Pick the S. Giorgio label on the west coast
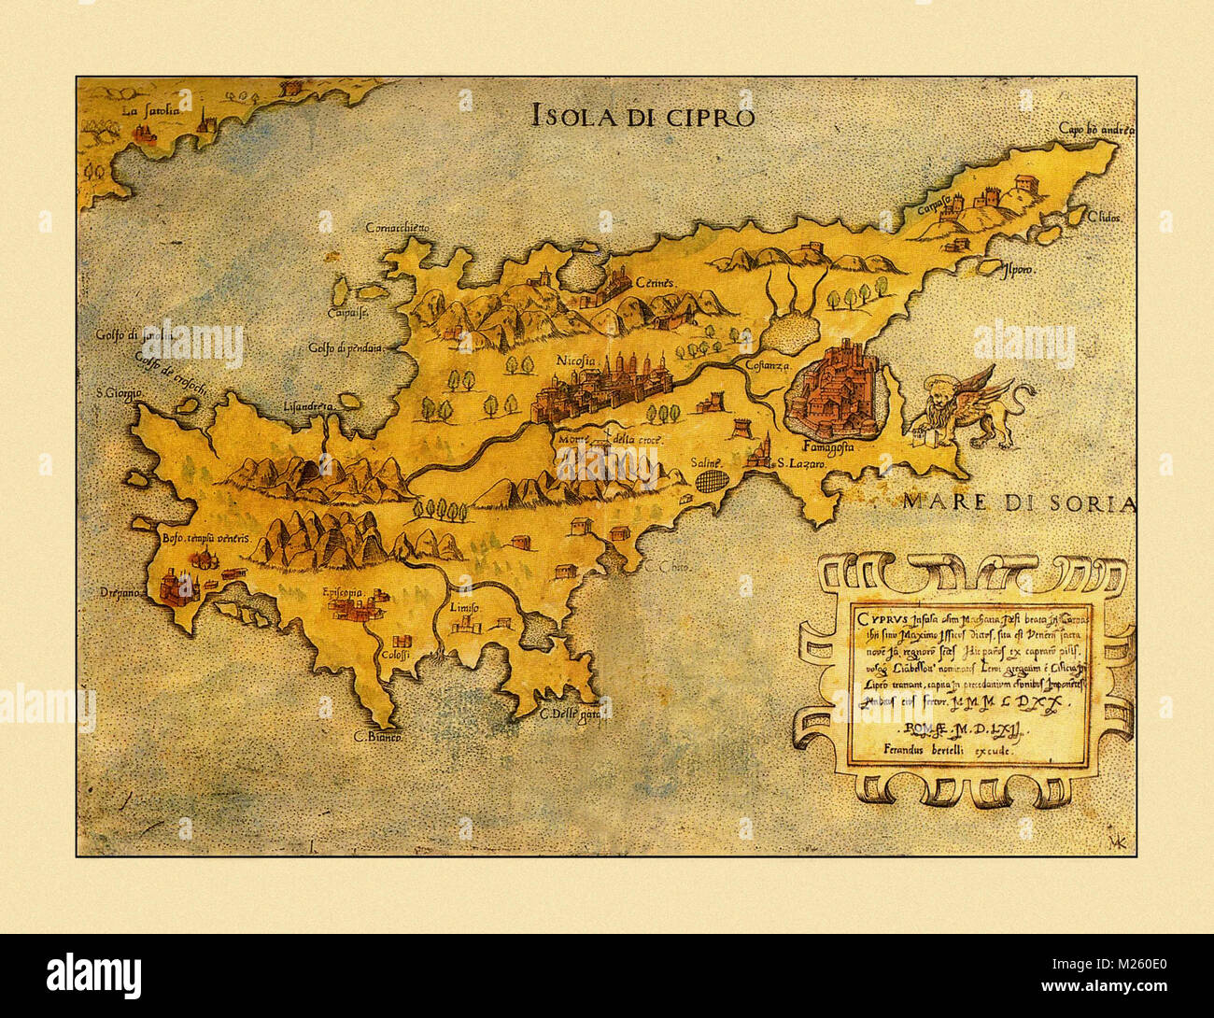(119, 392)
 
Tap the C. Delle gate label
(569, 716)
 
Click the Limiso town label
(463, 608)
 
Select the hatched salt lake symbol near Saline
(712, 480)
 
